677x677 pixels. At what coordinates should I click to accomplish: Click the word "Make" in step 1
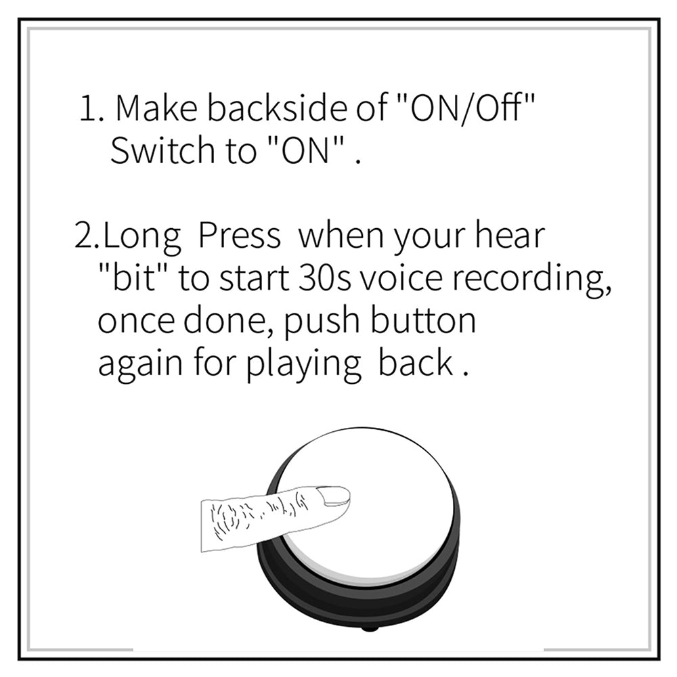coord(156,108)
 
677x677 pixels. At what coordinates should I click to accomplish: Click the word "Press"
coord(239,236)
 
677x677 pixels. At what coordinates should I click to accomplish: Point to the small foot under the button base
coord(370,628)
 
